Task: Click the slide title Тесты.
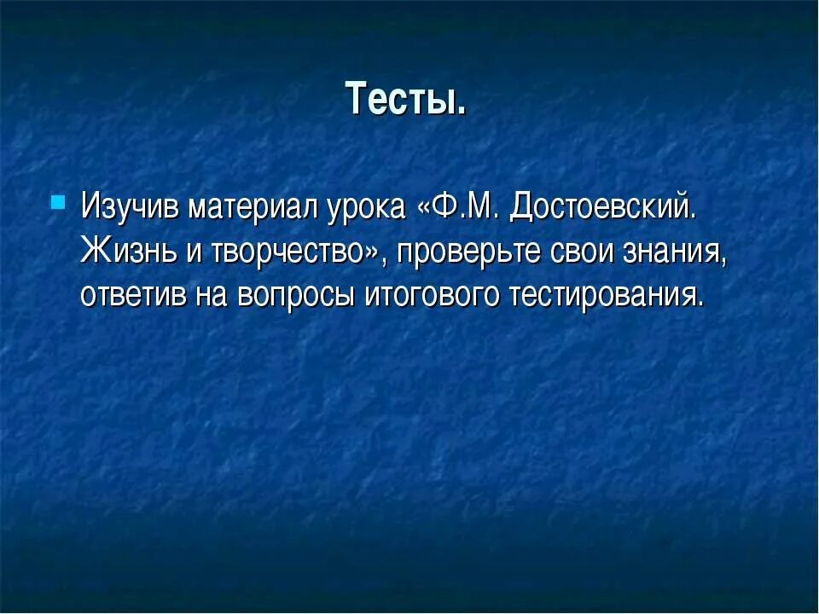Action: (x=406, y=100)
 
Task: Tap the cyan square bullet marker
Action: (x=57, y=203)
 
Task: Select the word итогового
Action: (x=433, y=294)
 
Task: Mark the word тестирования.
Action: (x=607, y=294)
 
